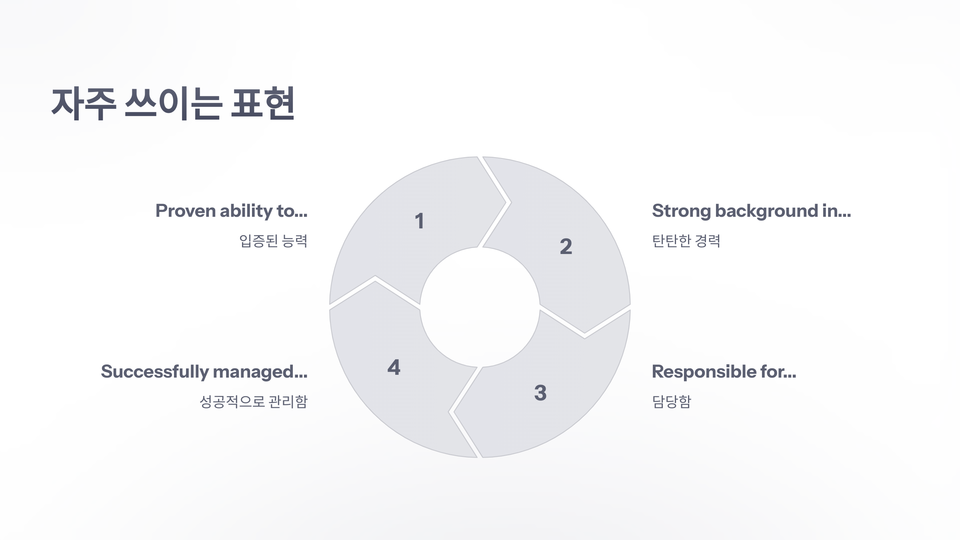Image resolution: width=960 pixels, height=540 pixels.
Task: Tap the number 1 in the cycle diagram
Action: (419, 221)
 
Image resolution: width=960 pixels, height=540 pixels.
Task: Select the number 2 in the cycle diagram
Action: (566, 246)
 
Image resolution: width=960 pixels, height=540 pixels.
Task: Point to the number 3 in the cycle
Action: (540, 393)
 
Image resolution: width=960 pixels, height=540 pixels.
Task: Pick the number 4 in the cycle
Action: (394, 368)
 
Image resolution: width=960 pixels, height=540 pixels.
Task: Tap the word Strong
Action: (681, 211)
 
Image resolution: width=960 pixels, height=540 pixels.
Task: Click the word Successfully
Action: (154, 372)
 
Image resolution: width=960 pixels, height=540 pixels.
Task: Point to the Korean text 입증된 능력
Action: (273, 241)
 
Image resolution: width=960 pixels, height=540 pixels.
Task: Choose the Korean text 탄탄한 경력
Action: (686, 241)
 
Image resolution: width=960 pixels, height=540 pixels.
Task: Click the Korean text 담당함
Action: (672, 402)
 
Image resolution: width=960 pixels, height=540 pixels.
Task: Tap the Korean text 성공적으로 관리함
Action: (254, 402)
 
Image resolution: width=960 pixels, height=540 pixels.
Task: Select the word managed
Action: (260, 372)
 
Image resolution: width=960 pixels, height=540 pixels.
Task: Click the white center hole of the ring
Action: (480, 307)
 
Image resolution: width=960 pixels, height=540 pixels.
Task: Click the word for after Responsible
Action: (778, 372)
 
